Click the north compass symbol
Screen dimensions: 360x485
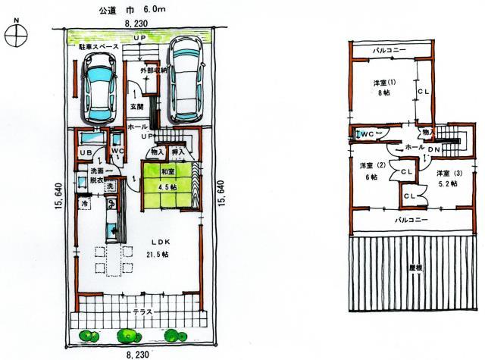point(17,35)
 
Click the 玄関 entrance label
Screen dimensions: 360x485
point(137,107)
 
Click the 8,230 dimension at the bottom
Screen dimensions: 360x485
point(136,353)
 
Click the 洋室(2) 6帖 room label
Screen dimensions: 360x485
point(369,171)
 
